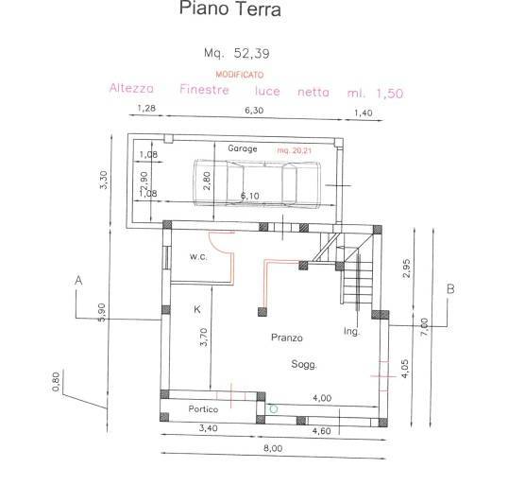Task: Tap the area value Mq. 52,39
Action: pyautogui.click(x=230, y=53)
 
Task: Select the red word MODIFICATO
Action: pyautogui.click(x=240, y=74)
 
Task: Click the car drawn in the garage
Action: pyautogui.click(x=249, y=182)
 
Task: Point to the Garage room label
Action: pyautogui.click(x=243, y=148)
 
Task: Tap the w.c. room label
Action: pyautogui.click(x=198, y=256)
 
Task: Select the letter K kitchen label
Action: pyautogui.click(x=198, y=309)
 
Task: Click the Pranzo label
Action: pyautogui.click(x=286, y=337)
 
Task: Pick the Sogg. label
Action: pyautogui.click(x=304, y=364)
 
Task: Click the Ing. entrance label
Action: pyautogui.click(x=352, y=331)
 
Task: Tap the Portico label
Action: pyautogui.click(x=202, y=408)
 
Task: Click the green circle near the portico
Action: pyautogui.click(x=274, y=408)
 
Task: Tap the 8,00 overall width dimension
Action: pyautogui.click(x=272, y=448)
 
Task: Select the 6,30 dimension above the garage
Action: pyautogui.click(x=254, y=110)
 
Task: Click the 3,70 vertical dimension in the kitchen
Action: pyautogui.click(x=204, y=338)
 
